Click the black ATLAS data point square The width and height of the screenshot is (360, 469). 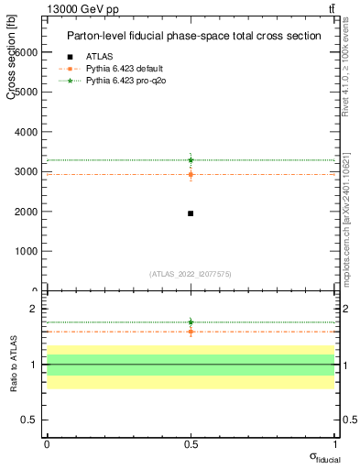191,213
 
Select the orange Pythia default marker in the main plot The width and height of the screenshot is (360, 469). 191,174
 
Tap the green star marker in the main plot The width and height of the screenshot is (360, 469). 191,159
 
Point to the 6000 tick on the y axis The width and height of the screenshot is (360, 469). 26,52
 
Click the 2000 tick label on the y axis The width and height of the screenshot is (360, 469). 26,212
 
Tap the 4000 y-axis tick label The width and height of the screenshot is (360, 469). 26,132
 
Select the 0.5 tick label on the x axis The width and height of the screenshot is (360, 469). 191,444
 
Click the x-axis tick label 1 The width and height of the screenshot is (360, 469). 333,444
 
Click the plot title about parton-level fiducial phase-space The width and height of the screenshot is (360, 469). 193,36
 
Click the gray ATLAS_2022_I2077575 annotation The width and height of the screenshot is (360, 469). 191,273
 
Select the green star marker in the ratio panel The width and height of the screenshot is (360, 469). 191,322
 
